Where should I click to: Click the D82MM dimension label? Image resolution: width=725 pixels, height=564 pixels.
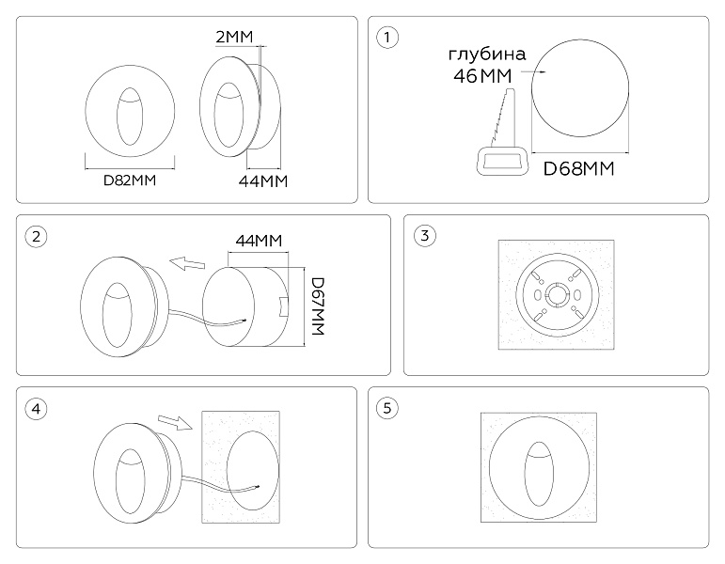tap(130, 180)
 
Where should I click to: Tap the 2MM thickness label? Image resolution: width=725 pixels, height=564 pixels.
tap(234, 37)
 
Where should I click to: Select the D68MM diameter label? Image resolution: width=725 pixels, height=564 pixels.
tap(578, 169)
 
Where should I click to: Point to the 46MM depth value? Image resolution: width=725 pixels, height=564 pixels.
tap(482, 76)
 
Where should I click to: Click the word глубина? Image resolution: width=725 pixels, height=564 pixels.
tap(487, 55)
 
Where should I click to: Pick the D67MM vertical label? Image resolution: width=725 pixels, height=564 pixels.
tap(318, 305)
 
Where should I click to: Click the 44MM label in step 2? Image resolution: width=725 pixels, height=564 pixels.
tap(259, 241)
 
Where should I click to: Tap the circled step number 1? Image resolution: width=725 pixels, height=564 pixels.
tap(387, 37)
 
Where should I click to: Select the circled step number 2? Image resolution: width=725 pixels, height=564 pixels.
tap(36, 237)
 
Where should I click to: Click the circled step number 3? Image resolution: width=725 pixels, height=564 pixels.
tap(424, 236)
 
